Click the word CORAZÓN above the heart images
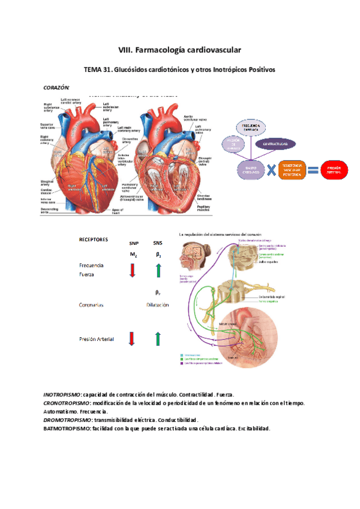[56, 88]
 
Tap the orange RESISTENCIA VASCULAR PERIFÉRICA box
[293, 170]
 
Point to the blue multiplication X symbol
[271, 170]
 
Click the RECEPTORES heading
[94, 239]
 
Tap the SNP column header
[133, 243]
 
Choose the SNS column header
[157, 243]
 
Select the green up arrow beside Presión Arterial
[157, 339]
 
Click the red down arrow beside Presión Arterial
[133, 339]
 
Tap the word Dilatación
[157, 305]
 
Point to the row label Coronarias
[91, 305]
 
